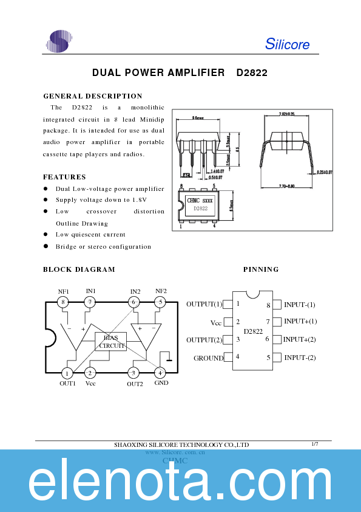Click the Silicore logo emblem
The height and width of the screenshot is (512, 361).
(58, 41)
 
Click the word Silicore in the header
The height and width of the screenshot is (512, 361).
(287, 44)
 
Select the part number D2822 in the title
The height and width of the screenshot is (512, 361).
(252, 72)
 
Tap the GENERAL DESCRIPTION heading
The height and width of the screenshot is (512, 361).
(93, 96)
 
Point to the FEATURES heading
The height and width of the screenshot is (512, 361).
(64, 177)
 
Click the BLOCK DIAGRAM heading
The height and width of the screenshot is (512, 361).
(79, 269)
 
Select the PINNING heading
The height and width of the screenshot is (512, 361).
(261, 269)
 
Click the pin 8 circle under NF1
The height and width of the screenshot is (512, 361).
(63, 302)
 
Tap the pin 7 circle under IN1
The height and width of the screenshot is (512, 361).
(90, 302)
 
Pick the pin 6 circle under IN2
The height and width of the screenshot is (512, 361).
(134, 302)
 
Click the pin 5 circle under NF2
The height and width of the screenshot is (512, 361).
(160, 302)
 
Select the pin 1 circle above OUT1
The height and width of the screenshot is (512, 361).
(67, 373)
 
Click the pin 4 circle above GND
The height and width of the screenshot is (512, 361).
(160, 373)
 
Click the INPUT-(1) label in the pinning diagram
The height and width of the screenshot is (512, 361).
(300, 304)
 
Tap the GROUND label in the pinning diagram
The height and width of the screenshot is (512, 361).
(208, 358)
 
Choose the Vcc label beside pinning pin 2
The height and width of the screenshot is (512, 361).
(216, 322)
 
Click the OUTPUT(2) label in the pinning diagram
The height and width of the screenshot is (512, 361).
(204, 340)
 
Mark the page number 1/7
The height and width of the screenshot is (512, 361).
(314, 445)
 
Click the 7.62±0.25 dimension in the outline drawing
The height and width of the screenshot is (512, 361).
(286, 114)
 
